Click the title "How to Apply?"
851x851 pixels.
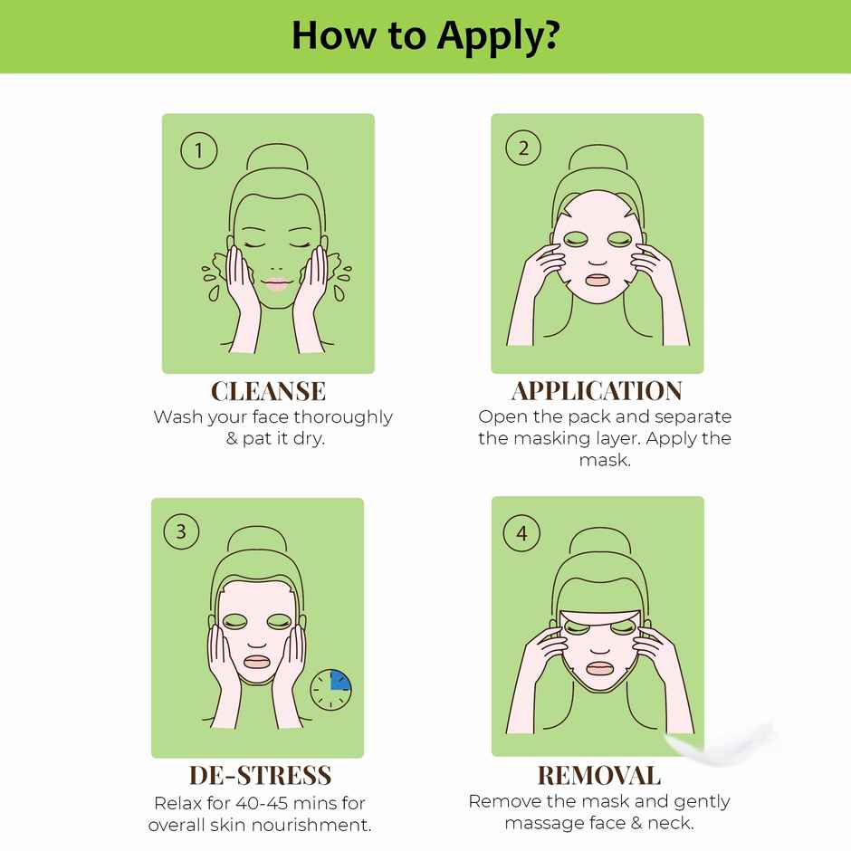click(x=425, y=35)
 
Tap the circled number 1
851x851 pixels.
click(x=199, y=149)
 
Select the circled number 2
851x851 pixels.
click(x=523, y=149)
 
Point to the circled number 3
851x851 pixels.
click(x=181, y=531)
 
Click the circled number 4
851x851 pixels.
click(x=521, y=533)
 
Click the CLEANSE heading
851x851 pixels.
click(x=268, y=391)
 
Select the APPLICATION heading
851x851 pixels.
click(x=597, y=391)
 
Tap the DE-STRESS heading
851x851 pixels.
click(x=261, y=776)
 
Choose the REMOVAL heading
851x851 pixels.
click(x=598, y=776)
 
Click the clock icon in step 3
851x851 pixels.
click(x=330, y=690)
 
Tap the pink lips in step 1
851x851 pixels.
click(x=275, y=283)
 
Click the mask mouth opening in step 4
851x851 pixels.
click(x=598, y=668)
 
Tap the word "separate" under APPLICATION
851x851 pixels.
click(x=693, y=417)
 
